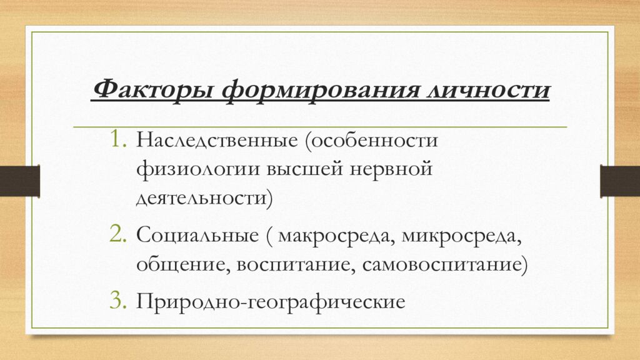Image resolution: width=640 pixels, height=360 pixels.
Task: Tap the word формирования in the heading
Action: pos(321,90)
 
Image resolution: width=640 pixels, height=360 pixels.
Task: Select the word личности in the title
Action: pos(489,89)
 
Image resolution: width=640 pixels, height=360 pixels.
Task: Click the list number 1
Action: pos(117,139)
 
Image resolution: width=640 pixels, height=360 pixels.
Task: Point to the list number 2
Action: pos(117,234)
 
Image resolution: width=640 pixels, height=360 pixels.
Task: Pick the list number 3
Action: pos(117,301)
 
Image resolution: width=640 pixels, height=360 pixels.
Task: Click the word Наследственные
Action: pos(217,141)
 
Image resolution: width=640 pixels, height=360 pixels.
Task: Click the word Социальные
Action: pos(197,236)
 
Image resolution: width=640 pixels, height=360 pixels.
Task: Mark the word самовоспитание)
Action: pos(445,265)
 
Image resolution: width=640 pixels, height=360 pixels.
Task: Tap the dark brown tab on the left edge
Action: pos(19,181)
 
